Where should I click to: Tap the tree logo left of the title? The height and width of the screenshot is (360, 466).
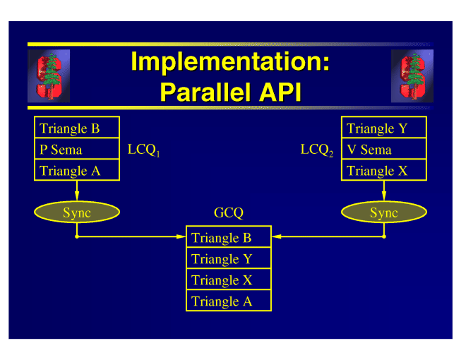point(49,76)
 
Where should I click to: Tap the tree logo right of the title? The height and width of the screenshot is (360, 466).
point(412,76)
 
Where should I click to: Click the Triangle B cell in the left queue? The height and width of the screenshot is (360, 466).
point(77,128)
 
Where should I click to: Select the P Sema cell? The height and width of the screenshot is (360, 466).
point(77,150)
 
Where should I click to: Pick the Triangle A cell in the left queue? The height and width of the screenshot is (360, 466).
point(77,171)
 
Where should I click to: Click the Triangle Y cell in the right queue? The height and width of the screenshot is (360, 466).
point(384,128)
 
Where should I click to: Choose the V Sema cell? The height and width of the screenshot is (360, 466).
point(384,150)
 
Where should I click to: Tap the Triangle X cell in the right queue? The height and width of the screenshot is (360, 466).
point(384,171)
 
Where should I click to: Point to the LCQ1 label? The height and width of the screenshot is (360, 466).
point(143,150)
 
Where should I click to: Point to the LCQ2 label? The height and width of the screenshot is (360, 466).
point(316,150)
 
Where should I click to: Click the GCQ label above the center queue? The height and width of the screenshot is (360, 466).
point(228,212)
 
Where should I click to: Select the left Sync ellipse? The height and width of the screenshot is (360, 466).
point(77,212)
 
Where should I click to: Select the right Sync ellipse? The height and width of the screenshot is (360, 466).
point(384,212)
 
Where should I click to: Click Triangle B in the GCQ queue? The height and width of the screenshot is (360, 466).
point(228,238)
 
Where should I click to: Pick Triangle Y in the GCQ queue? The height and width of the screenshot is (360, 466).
point(228,259)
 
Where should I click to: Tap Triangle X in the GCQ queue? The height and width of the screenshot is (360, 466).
point(228,280)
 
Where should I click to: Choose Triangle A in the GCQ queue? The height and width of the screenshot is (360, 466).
point(228,301)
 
